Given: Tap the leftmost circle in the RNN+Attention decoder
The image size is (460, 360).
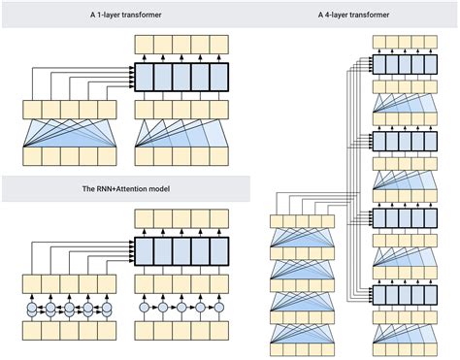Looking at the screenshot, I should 145,309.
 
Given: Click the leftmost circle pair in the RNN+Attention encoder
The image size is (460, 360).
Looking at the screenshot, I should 32,309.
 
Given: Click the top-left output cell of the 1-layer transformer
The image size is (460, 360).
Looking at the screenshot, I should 145,42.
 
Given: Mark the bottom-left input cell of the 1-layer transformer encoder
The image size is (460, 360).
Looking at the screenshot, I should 32,155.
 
